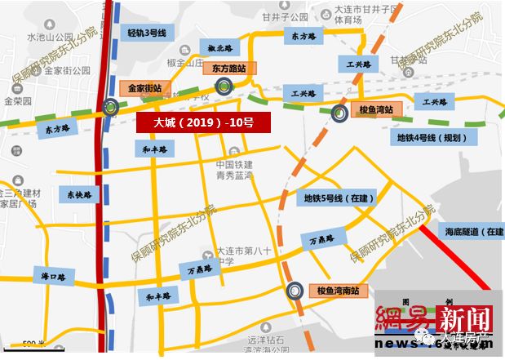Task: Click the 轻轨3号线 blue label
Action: [x=147, y=33]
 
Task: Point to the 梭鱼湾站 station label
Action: [x=376, y=109]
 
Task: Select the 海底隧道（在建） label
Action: [x=474, y=232]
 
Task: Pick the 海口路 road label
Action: [x=53, y=277]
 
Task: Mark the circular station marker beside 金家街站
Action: [x=110, y=105]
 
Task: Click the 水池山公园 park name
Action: [x=51, y=38]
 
